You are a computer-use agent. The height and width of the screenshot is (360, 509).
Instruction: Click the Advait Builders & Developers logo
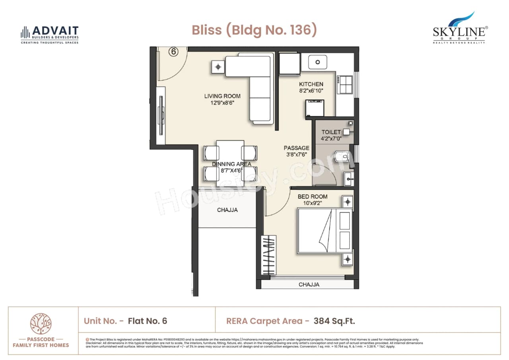[x=50, y=34]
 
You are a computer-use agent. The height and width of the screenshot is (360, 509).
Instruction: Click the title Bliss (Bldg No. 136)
[x=254, y=30]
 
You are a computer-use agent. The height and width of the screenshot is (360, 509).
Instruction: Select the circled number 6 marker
[x=173, y=52]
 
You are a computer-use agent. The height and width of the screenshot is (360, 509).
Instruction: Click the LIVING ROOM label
[x=222, y=96]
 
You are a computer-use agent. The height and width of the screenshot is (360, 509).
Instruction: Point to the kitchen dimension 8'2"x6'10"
[x=311, y=91]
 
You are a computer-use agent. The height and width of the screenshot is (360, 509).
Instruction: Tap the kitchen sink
[x=318, y=62]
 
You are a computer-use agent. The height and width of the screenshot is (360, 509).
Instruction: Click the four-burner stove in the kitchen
[x=345, y=84]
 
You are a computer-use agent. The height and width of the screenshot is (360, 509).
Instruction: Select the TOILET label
[x=331, y=132]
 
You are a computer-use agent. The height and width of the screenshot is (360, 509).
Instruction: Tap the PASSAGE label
[x=296, y=148]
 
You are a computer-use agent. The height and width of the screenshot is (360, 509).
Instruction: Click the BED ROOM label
[x=313, y=197]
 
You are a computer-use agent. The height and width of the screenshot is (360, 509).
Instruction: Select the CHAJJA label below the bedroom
[x=309, y=284]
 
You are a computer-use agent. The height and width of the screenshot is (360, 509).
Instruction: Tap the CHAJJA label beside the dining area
[x=227, y=210]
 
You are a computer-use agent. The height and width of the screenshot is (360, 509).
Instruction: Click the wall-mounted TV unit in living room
[x=161, y=115]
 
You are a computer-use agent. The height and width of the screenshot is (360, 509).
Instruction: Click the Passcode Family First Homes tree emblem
[x=41, y=323]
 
